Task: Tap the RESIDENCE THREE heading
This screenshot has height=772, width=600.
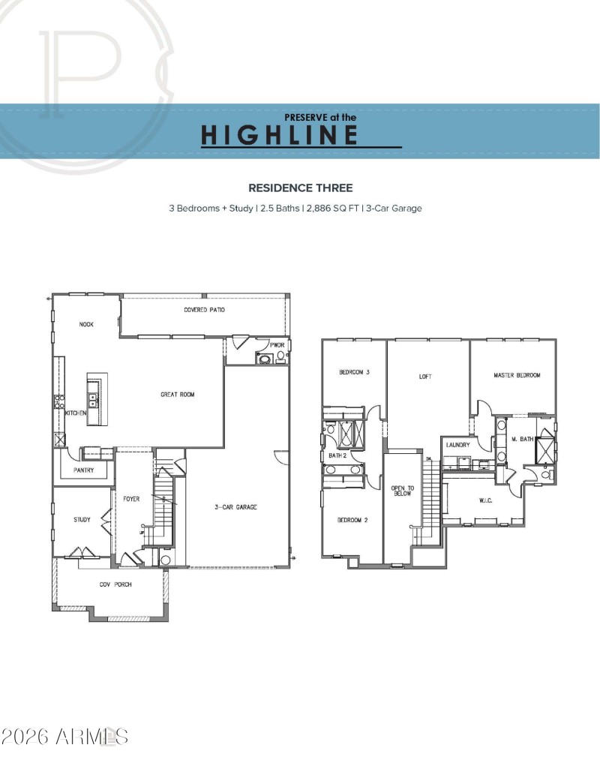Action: click(x=300, y=188)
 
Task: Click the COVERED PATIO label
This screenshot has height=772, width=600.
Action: click(x=204, y=310)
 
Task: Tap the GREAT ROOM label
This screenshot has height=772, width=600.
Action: click(x=177, y=394)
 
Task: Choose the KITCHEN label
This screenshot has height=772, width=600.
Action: click(x=76, y=413)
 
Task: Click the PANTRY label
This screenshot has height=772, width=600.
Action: click(x=83, y=470)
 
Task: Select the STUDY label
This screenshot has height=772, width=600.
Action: click(x=82, y=519)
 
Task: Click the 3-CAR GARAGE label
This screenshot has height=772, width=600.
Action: click(x=235, y=508)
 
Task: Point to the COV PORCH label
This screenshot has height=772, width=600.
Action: click(x=115, y=584)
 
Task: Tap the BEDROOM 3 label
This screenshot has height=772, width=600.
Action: click(x=354, y=372)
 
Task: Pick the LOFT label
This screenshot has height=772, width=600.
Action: click(x=425, y=377)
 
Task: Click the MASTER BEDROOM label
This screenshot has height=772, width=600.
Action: click(x=516, y=375)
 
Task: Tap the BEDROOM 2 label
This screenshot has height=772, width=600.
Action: click(x=352, y=520)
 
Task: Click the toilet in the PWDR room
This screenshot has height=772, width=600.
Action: click(x=264, y=359)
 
